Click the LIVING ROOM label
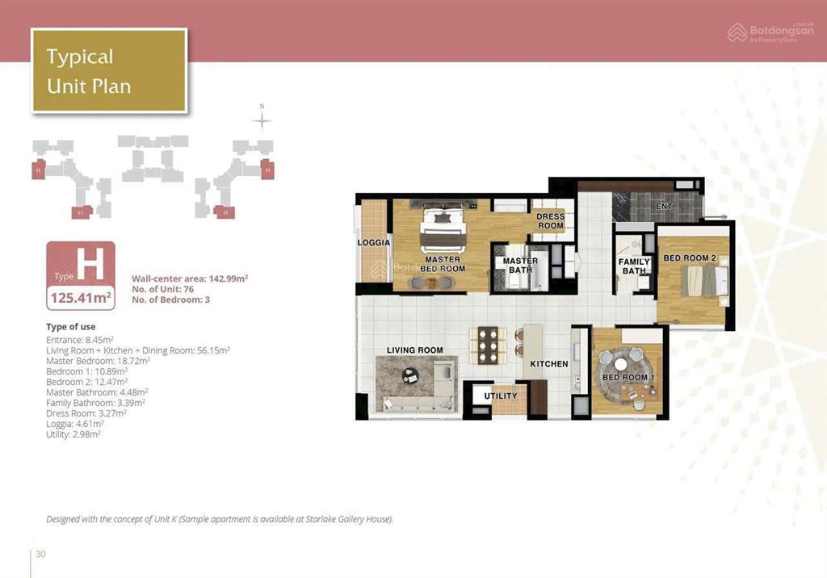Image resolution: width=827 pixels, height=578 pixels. tap(414, 350)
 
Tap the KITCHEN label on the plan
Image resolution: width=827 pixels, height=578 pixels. tap(549, 364)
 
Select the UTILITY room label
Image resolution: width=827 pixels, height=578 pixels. tap(501, 396)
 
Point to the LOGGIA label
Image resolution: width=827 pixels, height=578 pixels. tap(373, 243)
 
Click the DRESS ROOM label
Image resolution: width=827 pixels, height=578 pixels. tap(550, 221)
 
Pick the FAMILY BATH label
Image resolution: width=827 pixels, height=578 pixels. tap(634, 266)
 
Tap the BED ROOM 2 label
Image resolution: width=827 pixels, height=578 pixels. tap(690, 258)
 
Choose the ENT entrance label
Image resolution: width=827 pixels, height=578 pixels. tap(664, 206)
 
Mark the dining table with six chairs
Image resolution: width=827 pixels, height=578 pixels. tap(488, 346)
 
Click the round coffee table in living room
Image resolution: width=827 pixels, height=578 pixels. tap(409, 375)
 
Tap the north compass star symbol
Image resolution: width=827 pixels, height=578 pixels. tap(262, 122)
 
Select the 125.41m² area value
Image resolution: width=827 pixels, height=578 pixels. tap(81, 298)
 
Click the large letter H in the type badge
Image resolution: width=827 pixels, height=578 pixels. tap(90, 264)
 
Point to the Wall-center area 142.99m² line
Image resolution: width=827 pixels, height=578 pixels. tap(190, 279)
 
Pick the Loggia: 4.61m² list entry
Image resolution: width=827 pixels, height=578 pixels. tap(74, 424)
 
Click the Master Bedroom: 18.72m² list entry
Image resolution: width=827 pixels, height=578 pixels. tap(98, 362)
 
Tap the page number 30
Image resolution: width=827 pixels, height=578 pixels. tap(40, 554)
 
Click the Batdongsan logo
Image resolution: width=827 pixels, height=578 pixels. tap(770, 33)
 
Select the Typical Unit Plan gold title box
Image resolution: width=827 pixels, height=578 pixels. tap(109, 71)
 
